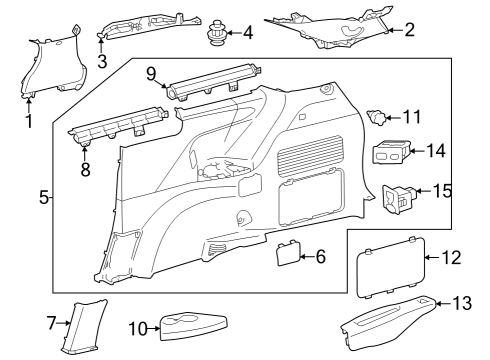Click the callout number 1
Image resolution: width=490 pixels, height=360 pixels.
click(29, 123)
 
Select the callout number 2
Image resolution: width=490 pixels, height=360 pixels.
click(409, 31)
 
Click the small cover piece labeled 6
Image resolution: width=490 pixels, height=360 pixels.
click(289, 255)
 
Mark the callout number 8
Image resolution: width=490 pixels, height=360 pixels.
click(85, 169)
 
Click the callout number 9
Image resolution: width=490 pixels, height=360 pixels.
click(151, 73)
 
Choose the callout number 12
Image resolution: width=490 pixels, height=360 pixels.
click(451, 258)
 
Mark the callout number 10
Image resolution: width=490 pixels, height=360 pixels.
click(139, 327)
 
